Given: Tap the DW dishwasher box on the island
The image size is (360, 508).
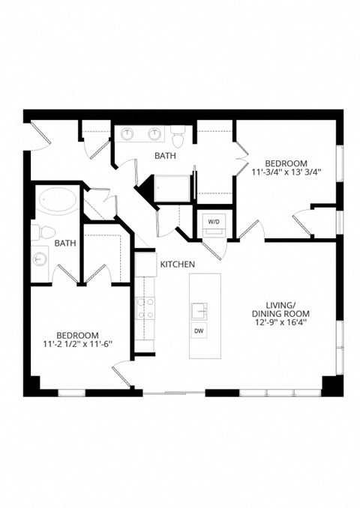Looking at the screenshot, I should click(x=199, y=331).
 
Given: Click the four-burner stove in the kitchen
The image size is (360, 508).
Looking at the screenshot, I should click(x=145, y=307).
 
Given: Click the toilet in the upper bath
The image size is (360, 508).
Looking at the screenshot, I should click(x=178, y=139).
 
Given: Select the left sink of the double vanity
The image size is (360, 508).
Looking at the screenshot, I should click(x=129, y=135).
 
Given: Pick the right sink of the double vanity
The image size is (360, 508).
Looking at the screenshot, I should click(x=154, y=135).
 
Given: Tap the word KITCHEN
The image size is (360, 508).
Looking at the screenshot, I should click(x=178, y=264).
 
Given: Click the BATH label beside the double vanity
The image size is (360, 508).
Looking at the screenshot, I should click(x=165, y=156).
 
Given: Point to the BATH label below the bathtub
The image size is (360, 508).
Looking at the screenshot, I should click(x=65, y=244).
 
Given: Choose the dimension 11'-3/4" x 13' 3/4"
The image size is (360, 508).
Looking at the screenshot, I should click(x=286, y=171).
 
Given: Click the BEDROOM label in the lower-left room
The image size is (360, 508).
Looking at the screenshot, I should click(x=78, y=335).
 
